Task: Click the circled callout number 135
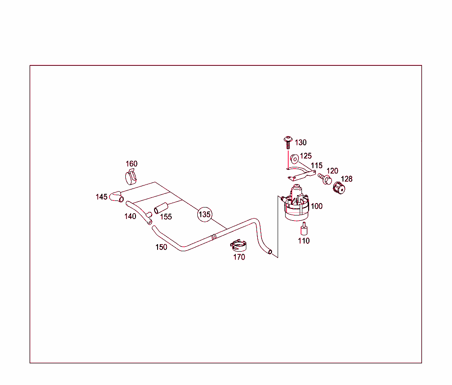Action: point(205,214)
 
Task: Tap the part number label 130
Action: point(301,143)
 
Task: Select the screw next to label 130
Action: point(288,143)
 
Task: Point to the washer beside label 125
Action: point(294,159)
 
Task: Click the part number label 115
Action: point(316,166)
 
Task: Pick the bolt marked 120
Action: point(324,178)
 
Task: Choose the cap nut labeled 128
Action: point(339,188)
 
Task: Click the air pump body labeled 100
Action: point(296,203)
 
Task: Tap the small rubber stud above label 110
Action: point(304,229)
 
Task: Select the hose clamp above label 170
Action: point(238,245)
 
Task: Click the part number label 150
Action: point(161,247)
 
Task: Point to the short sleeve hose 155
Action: point(161,208)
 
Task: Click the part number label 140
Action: point(130,216)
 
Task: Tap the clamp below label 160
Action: point(131,177)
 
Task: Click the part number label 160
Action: point(132,164)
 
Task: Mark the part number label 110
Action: point(304,241)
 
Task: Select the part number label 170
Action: point(239,257)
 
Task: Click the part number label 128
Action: point(347,179)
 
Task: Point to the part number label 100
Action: point(316,206)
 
